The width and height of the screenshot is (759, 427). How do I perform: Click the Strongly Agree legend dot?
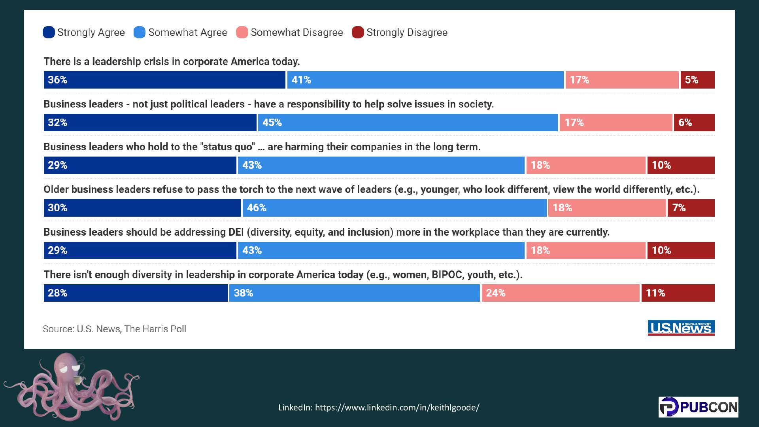tap(49, 32)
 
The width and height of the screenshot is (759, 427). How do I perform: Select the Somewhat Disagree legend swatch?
tap(242, 32)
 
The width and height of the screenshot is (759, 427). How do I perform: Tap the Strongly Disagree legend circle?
tap(358, 32)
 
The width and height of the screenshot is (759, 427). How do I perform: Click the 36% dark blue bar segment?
tap(164, 80)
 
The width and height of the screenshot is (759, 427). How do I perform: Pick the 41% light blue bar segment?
tap(425, 80)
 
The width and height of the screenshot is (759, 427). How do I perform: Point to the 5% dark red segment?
tap(697, 80)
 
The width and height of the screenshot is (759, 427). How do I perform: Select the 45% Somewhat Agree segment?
tap(408, 123)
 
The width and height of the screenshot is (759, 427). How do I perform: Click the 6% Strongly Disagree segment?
tap(694, 123)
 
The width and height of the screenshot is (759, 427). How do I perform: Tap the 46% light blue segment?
tap(394, 208)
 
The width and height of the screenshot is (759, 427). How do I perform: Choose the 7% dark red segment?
tap(691, 208)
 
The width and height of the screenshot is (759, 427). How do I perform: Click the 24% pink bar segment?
tap(560, 293)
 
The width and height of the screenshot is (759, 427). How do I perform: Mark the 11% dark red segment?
tap(678, 293)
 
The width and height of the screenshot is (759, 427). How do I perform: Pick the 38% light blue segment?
tap(354, 293)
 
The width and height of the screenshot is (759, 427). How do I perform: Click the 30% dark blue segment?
tap(142, 208)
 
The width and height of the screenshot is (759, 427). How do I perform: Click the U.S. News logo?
tap(681, 328)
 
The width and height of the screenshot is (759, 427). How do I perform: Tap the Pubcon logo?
tap(698, 407)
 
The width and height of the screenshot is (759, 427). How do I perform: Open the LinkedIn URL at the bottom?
tap(379, 407)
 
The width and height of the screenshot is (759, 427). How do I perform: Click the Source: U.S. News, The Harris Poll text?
tap(114, 329)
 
